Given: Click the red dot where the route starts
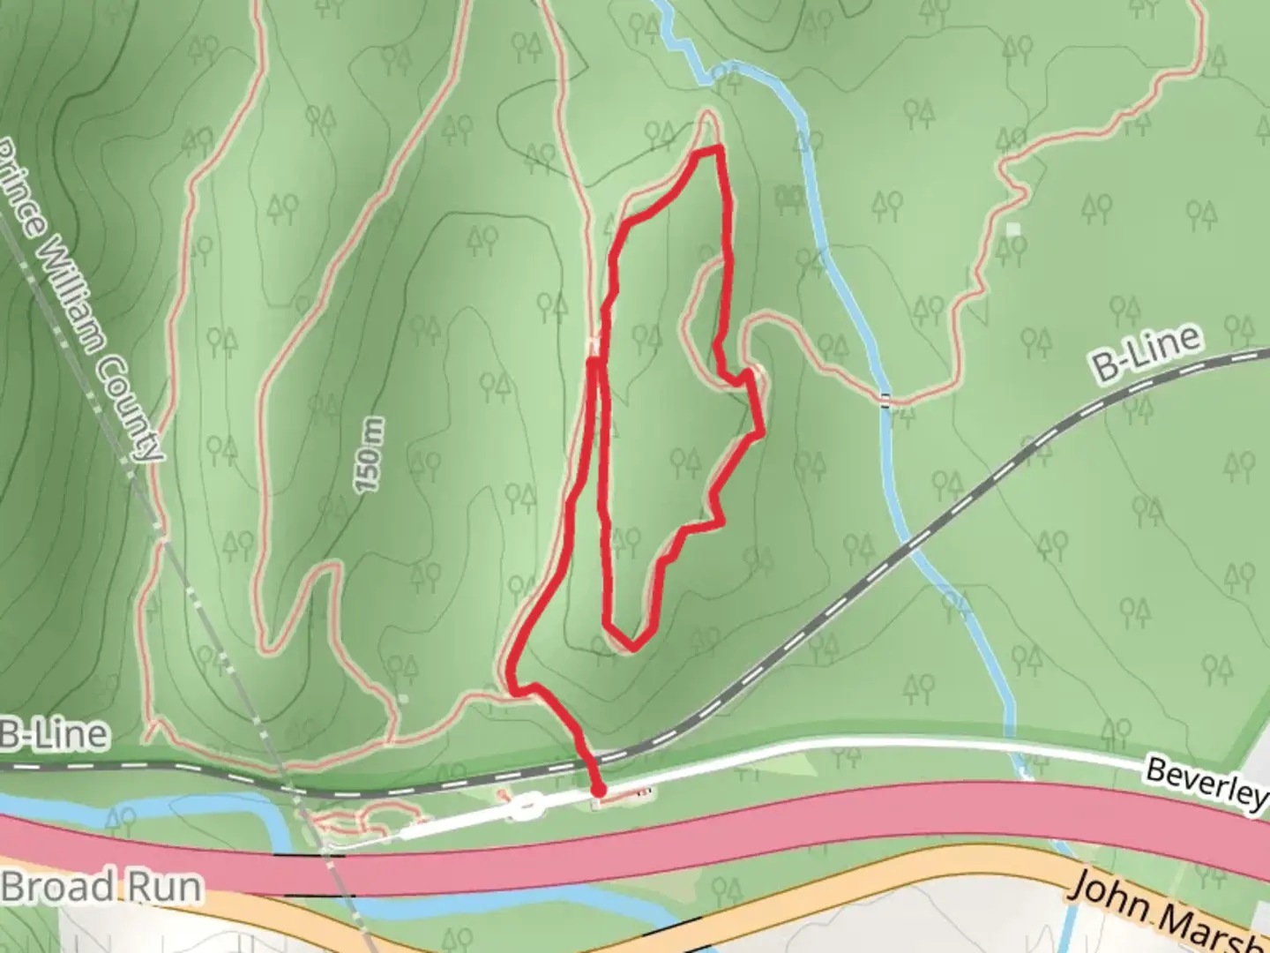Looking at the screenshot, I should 599,789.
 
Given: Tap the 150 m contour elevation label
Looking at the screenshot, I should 370,455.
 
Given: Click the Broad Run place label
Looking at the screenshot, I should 101,888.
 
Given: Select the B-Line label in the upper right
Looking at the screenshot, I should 1147,353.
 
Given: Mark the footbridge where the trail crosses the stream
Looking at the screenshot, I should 885,400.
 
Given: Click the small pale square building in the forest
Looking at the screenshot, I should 1012,229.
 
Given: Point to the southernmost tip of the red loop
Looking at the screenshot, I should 631,649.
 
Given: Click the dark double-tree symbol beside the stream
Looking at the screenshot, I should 788,196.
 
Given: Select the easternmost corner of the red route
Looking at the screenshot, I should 761,432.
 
